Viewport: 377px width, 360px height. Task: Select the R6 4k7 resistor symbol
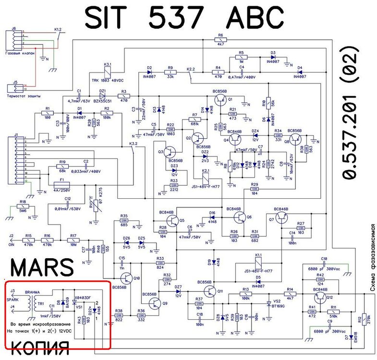pos(220,40)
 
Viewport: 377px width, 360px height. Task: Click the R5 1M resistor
pos(242,57)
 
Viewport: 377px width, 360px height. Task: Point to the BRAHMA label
pos(32,292)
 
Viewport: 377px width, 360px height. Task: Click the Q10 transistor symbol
pos(127,278)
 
